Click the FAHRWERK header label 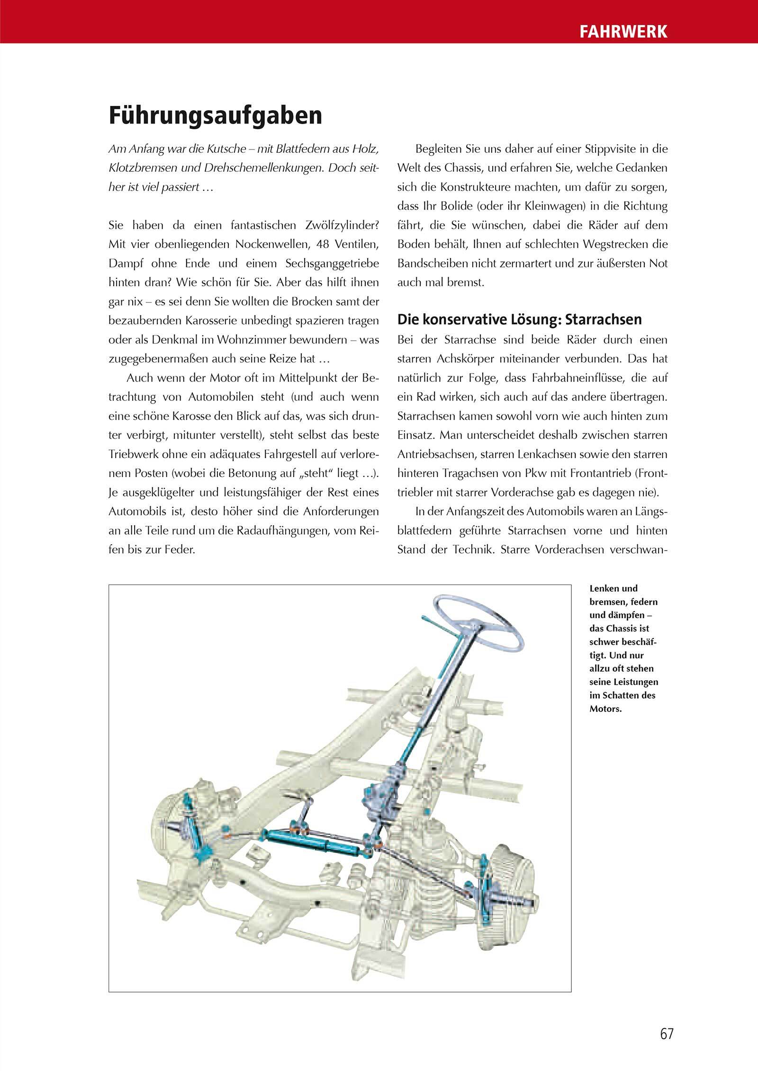[623, 31]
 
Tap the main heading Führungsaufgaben [216, 116]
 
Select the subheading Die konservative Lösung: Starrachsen [519, 319]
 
